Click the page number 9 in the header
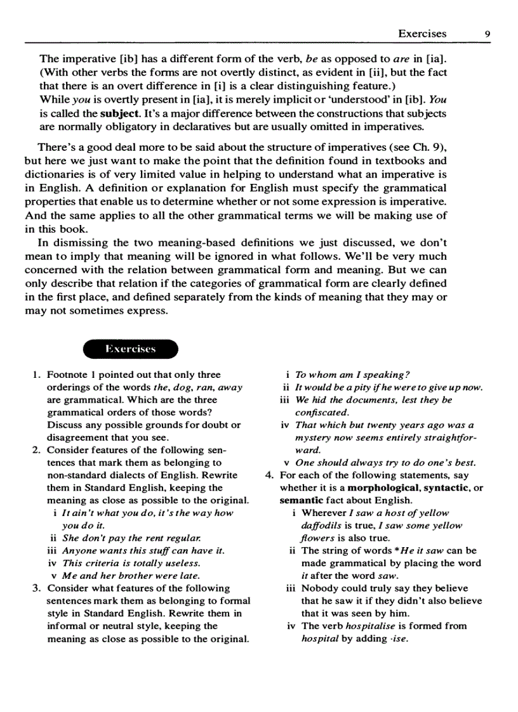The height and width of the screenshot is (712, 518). pyautogui.click(x=486, y=34)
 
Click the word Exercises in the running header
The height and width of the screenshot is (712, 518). pyautogui.click(x=422, y=34)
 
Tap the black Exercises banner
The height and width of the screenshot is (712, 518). pyautogui.click(x=131, y=349)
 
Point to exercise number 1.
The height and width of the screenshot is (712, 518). pyautogui.click(x=36, y=375)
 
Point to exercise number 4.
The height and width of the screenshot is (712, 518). pyautogui.click(x=269, y=475)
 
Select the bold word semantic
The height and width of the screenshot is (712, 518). pyautogui.click(x=301, y=500)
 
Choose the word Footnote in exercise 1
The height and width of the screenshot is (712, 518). pyautogui.click(x=68, y=375)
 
